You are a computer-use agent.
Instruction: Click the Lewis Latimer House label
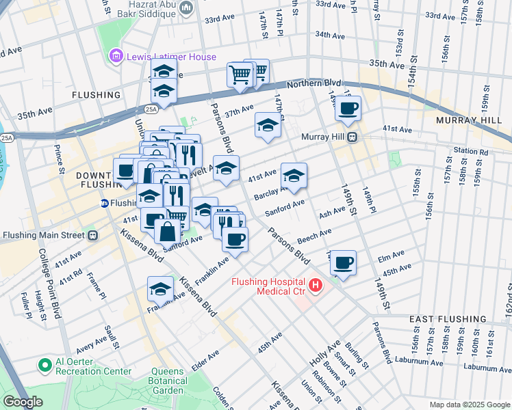170,57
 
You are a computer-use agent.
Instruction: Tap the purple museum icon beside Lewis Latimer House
116,57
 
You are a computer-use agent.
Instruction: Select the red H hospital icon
316,284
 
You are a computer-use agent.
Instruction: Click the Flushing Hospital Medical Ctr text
275,286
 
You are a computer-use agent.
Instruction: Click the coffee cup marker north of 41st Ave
348,109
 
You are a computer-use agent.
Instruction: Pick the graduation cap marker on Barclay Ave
294,176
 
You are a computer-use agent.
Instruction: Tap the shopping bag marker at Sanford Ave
168,231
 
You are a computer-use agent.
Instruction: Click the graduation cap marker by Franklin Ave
160,289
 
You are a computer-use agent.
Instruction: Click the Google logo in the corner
23,402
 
